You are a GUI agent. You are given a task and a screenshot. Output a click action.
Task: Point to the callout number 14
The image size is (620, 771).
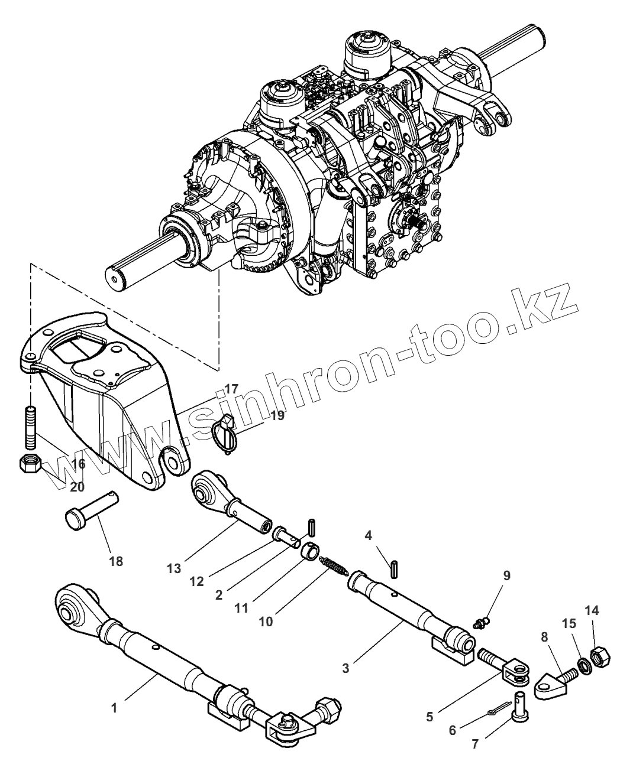point(592,610)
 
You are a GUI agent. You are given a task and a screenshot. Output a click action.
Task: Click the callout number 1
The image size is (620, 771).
point(114,707)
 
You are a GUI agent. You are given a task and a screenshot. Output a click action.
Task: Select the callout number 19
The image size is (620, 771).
point(277,415)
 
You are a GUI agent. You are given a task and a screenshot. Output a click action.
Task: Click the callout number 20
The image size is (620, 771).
point(77,487)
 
